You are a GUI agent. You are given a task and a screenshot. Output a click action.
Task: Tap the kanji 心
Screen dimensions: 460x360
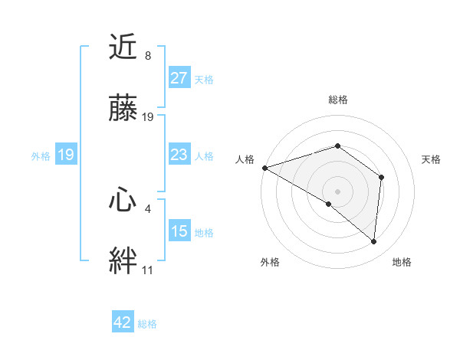(123, 201)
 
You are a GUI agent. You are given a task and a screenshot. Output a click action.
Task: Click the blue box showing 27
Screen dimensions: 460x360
(179, 78)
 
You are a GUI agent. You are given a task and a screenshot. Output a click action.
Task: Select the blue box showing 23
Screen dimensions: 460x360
(179, 155)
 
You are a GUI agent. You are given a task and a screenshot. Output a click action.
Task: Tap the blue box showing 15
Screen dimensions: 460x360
(179, 231)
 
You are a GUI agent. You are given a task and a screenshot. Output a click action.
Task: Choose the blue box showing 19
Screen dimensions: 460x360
(65, 155)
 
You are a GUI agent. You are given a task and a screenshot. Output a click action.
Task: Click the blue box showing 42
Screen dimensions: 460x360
(122, 322)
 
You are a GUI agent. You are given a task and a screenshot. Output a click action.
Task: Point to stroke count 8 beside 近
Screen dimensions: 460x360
(147, 56)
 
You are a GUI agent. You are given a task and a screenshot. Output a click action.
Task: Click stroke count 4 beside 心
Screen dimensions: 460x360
(147, 208)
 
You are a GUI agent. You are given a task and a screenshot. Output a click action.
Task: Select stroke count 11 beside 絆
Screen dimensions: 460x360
(147, 270)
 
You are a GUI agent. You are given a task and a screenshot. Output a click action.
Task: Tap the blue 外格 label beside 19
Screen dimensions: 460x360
(41, 155)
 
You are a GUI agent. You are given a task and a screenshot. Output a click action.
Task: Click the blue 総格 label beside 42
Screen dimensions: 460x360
(147, 324)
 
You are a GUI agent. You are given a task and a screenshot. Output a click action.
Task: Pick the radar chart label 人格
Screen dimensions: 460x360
(245, 159)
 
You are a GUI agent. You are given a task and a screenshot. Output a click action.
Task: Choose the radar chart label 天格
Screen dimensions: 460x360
(431, 159)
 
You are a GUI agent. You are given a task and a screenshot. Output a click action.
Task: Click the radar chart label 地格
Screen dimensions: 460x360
(402, 262)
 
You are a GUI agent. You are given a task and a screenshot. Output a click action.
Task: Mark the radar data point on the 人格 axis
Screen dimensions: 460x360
(264, 168)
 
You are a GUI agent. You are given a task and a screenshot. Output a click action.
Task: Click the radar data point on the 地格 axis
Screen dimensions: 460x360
(374, 241)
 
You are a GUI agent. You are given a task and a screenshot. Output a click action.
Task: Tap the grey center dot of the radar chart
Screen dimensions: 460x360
(337, 191)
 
